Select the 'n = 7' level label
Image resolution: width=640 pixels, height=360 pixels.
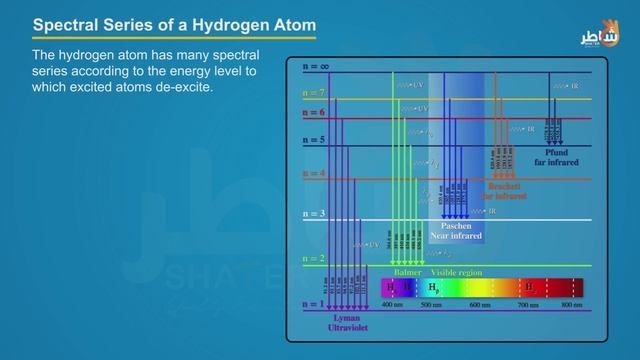pos(314,92)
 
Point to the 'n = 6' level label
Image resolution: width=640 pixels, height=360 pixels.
pos(314,113)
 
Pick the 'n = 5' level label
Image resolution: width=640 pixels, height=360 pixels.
pos(314,140)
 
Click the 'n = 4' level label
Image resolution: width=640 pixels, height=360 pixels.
pos(314,174)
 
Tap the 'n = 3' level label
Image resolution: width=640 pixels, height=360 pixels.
pos(314,214)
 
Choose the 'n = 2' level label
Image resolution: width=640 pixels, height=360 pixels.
pos(314,258)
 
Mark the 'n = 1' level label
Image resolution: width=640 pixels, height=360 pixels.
pos(314,304)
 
